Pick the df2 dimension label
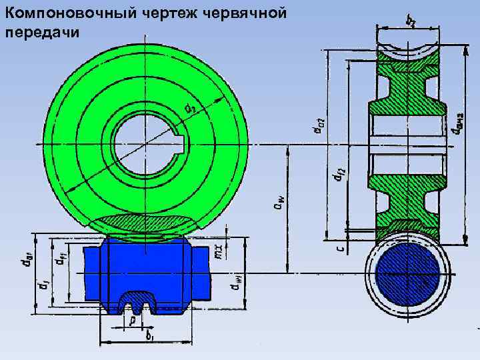339,175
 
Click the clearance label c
339,248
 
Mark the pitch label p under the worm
134,320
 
